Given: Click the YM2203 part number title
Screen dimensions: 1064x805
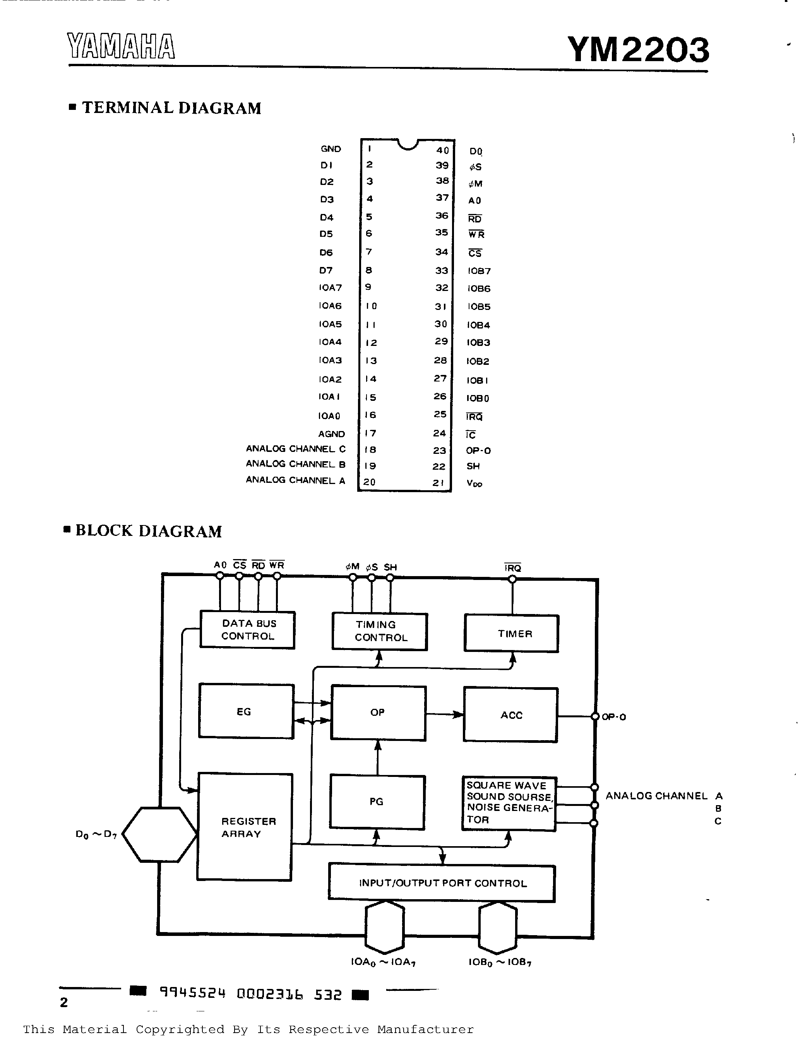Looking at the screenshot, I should tap(638, 50).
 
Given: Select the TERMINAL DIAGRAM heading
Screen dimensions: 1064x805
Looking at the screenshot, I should tap(171, 108).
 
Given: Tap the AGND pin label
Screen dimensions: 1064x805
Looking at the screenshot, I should tap(332, 434).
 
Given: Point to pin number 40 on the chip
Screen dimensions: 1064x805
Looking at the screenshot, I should tap(442, 150).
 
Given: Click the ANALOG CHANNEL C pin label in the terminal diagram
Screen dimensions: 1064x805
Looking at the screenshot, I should tap(295, 449).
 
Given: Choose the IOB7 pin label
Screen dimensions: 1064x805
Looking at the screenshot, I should tap(479, 271).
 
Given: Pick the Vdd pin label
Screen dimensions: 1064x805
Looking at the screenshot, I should tap(474, 483).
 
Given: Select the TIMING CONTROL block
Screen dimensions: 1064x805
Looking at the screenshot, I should tap(380, 631).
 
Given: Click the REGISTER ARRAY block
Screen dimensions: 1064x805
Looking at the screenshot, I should tap(245, 827).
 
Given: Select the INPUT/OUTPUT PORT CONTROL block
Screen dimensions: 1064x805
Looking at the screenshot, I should tap(442, 883).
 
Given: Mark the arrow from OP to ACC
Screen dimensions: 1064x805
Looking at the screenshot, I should tap(445, 715).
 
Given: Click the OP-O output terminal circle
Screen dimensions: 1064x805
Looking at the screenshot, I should tap(595, 717).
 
